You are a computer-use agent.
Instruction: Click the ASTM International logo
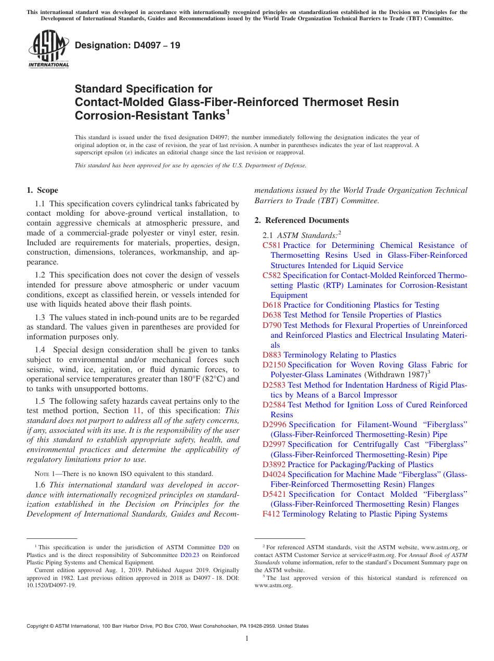click(x=48, y=49)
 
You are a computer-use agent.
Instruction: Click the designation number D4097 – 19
click(x=128, y=45)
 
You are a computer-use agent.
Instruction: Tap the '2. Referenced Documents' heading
click(x=302, y=220)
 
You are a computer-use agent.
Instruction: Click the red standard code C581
click(x=271, y=245)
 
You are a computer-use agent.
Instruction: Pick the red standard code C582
click(x=271, y=275)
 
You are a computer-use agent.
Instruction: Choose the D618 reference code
click(x=271, y=305)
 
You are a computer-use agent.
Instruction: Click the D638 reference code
click(x=271, y=315)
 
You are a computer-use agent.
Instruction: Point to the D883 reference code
click(x=271, y=355)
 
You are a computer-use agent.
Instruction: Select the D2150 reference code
click(x=274, y=365)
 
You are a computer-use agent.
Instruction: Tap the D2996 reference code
click(x=274, y=425)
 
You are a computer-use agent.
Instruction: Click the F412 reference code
click(x=271, y=514)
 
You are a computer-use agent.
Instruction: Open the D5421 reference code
click(x=274, y=494)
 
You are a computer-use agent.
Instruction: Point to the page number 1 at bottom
click(x=247, y=638)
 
